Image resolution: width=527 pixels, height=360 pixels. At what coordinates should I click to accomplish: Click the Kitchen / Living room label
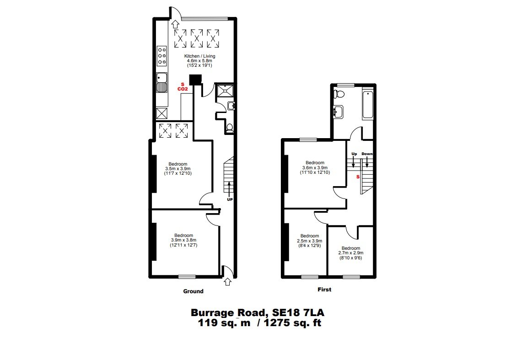point(199,56)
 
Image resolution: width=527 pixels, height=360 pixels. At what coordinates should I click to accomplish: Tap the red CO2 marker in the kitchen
point(183,89)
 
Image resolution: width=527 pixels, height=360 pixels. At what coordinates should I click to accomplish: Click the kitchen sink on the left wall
point(162,83)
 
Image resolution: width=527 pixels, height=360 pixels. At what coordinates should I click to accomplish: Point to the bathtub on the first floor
point(368,104)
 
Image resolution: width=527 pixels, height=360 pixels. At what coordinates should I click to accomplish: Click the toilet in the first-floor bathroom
point(339,94)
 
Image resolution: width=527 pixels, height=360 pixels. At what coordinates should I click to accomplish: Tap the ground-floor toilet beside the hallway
point(230,129)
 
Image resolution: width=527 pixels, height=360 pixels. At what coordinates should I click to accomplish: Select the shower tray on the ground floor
point(224,90)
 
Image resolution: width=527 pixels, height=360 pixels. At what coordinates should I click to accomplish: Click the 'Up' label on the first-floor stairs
point(354,154)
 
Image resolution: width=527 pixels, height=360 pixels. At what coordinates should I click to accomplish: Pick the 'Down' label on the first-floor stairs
point(367,154)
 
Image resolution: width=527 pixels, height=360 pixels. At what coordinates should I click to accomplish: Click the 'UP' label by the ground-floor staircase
point(230,199)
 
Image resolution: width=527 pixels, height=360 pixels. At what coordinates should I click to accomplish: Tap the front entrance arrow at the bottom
point(227,282)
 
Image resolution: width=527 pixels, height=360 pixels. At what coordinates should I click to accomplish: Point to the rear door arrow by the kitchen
point(175,24)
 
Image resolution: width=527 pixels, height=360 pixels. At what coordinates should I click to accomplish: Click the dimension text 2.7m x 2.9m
point(350,253)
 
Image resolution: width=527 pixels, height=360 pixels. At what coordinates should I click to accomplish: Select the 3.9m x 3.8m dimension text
point(183,240)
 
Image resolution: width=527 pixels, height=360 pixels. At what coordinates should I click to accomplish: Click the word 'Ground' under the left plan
point(193,291)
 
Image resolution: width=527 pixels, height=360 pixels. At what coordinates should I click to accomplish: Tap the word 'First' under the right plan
point(324,290)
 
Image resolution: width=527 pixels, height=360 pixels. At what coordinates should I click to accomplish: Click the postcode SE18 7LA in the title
point(298,313)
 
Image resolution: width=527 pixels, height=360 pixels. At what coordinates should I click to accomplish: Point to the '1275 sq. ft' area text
point(292,323)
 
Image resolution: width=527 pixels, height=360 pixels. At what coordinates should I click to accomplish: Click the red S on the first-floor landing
point(358,177)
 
